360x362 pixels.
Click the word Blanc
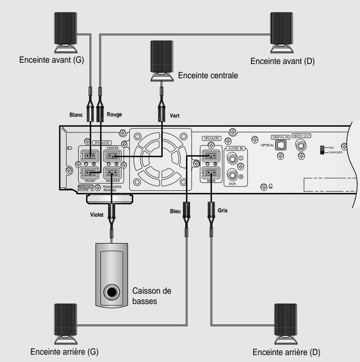(x=77, y=115)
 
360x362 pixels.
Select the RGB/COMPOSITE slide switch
(x=321, y=149)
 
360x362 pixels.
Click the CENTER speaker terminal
(x=112, y=156)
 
